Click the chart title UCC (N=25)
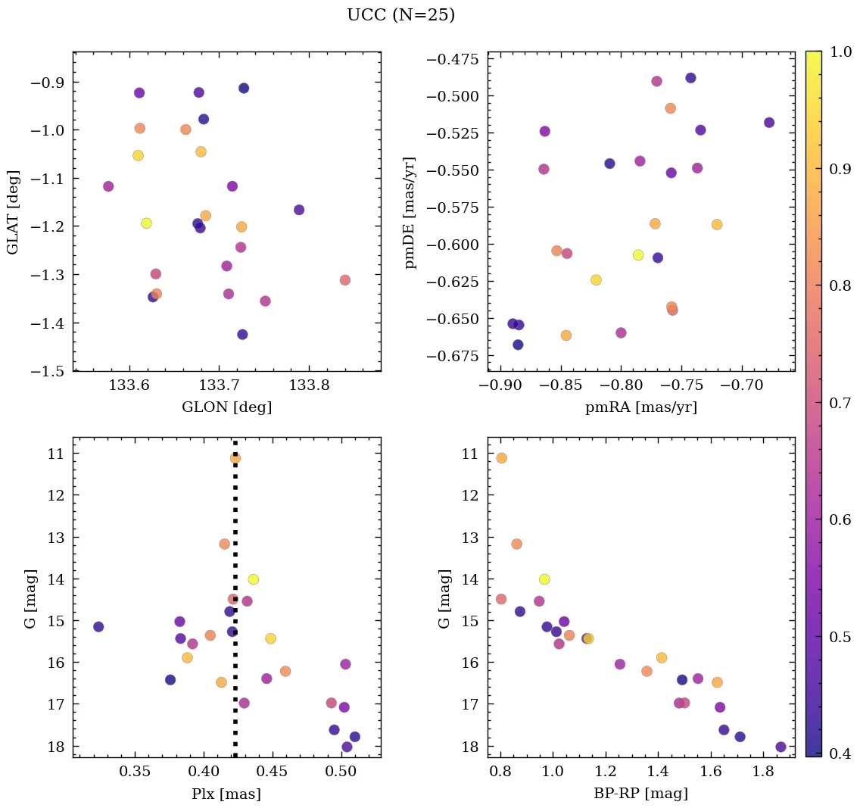tap(400, 16)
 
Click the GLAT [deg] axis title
tap(13, 211)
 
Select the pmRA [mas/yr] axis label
tap(640, 407)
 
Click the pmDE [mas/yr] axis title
tap(410, 212)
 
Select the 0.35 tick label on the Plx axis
tap(136, 773)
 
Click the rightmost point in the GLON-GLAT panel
tap(345, 280)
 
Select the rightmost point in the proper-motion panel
tap(769, 123)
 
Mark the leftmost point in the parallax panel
tap(98, 627)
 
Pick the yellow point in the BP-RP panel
tap(544, 579)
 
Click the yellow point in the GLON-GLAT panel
tap(146, 223)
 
